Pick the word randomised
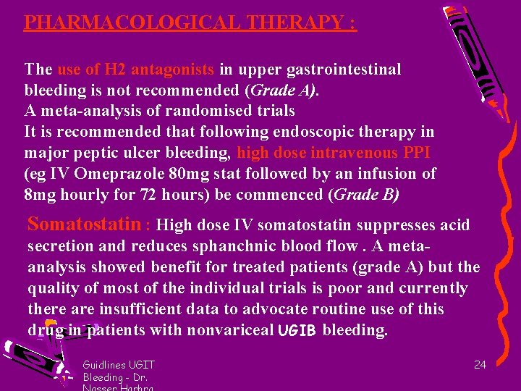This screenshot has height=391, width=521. click(x=222, y=111)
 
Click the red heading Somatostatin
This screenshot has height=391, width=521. click(x=83, y=224)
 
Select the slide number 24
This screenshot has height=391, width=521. click(x=480, y=365)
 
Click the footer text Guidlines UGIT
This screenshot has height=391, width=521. click(x=119, y=365)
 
